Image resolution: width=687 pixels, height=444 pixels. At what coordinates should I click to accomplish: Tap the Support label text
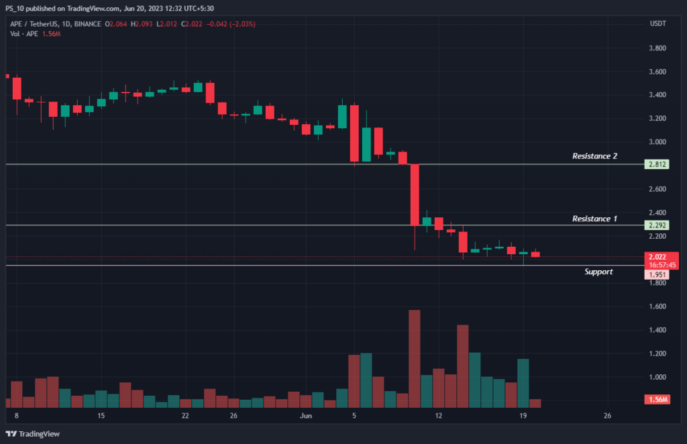598,272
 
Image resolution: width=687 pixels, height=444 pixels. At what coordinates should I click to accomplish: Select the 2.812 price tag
656,164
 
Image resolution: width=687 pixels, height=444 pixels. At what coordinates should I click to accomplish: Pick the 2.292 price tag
656,225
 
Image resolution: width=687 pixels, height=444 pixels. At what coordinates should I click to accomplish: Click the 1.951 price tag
656,275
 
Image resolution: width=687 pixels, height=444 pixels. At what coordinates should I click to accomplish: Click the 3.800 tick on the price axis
657,48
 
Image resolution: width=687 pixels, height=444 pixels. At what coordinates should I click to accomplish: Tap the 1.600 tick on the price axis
657,307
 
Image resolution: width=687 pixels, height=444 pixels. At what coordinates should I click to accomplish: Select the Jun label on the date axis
307,417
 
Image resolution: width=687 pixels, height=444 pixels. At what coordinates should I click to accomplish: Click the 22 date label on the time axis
185,417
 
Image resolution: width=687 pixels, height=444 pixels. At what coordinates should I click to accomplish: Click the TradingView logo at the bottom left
34,434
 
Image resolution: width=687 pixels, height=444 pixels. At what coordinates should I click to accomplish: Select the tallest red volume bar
414,358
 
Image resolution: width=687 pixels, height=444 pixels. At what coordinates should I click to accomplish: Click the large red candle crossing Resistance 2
414,195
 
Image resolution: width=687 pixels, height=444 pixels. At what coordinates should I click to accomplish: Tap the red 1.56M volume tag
656,400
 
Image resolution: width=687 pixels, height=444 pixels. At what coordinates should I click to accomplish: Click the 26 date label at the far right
607,417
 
